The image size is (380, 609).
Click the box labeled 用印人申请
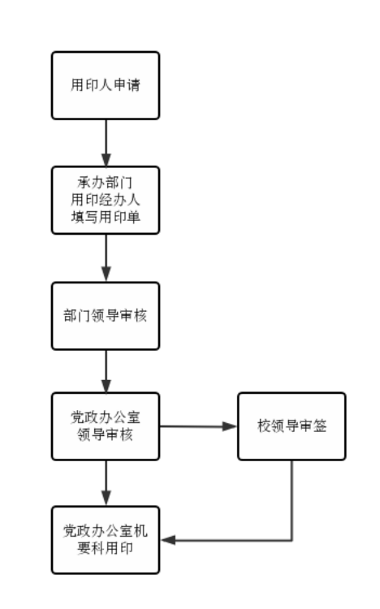click(x=106, y=85)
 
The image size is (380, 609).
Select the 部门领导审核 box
click(x=106, y=316)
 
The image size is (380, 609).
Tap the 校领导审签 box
click(x=291, y=426)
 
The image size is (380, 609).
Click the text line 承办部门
click(x=105, y=182)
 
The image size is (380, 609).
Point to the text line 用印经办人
click(x=106, y=200)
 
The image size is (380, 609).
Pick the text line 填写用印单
click(x=106, y=217)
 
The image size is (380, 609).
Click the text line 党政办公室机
click(x=106, y=531)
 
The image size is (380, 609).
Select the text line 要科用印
click(x=106, y=548)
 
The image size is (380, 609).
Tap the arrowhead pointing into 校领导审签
click(x=229, y=426)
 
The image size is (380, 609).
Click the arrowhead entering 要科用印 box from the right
click(x=168, y=540)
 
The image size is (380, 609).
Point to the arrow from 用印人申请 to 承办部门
click(x=106, y=143)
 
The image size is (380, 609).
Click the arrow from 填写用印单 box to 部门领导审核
click(x=106, y=258)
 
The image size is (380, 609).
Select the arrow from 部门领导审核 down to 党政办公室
click(x=106, y=371)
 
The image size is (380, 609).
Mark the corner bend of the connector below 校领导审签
click(x=291, y=540)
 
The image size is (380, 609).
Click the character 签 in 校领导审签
click(x=320, y=426)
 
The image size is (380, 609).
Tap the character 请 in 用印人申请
click(x=133, y=85)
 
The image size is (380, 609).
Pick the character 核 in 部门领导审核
click(x=140, y=316)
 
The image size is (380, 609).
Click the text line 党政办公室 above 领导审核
click(x=106, y=417)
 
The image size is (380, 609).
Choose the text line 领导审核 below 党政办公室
click(x=106, y=434)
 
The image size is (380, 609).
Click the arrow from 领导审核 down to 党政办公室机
click(x=106, y=483)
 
